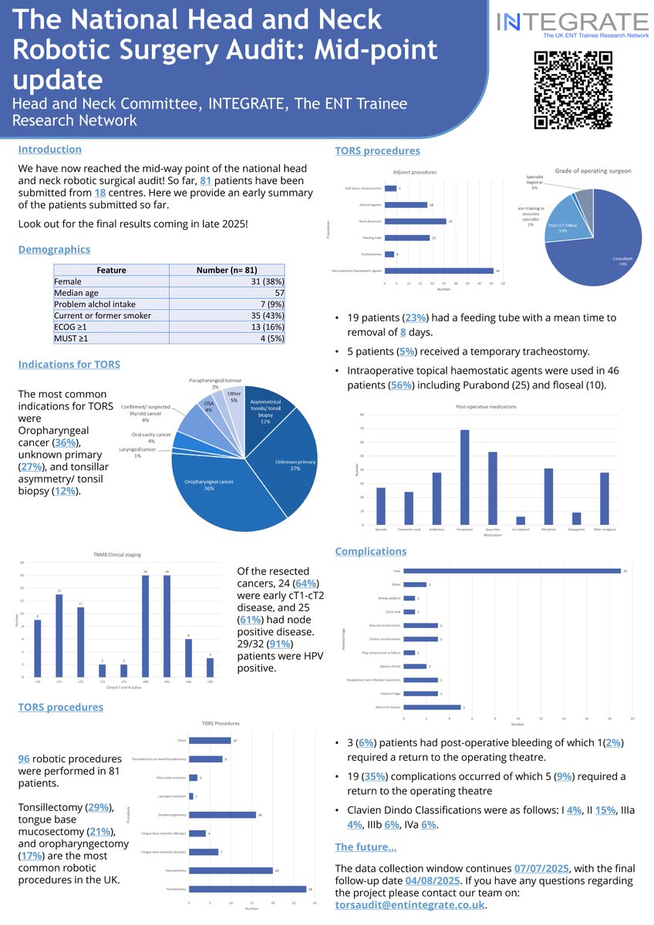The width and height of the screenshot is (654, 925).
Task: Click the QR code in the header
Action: pyautogui.click(x=573, y=89)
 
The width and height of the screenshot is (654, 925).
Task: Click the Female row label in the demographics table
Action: pyautogui.click(x=68, y=282)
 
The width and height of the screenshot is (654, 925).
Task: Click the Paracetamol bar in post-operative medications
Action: pyautogui.click(x=464, y=478)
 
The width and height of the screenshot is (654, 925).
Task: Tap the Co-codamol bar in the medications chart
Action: pyautogui.click(x=520, y=521)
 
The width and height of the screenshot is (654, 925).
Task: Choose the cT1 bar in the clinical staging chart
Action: pyautogui.click(x=59, y=636)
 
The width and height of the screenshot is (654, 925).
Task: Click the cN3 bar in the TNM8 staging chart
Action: pyautogui.click(x=210, y=668)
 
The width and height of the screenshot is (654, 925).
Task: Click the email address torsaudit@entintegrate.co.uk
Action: pyautogui.click(x=411, y=906)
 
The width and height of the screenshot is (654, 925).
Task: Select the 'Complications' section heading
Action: pyautogui.click(x=371, y=551)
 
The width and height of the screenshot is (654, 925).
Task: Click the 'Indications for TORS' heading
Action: pyautogui.click(x=69, y=364)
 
